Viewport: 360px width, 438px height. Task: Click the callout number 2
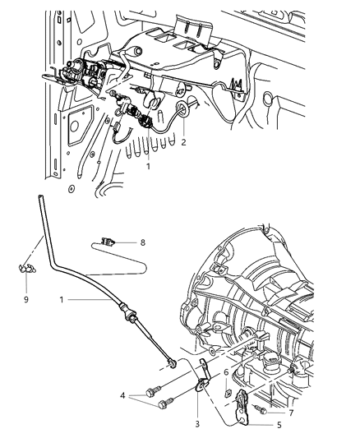tap(184, 142)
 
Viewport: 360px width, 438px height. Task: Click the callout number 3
tap(196, 423)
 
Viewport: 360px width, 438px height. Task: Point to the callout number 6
tap(226, 371)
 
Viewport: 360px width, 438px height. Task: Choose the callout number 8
tap(142, 242)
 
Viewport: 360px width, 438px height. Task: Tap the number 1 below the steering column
tap(148, 165)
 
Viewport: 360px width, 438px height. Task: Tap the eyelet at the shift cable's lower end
tap(170, 363)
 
